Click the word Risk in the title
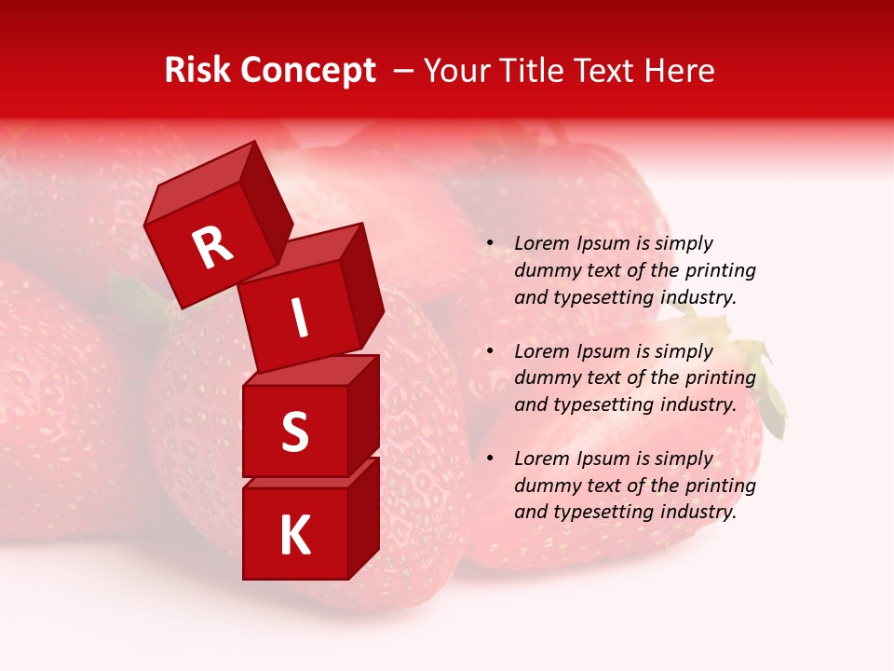point(198,71)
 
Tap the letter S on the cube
point(294,431)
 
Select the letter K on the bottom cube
point(294,535)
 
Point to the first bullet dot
point(490,243)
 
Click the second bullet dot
point(490,351)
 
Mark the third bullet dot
point(490,459)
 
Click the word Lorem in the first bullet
point(542,243)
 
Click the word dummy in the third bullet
point(546,486)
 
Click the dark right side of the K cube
point(363,517)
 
